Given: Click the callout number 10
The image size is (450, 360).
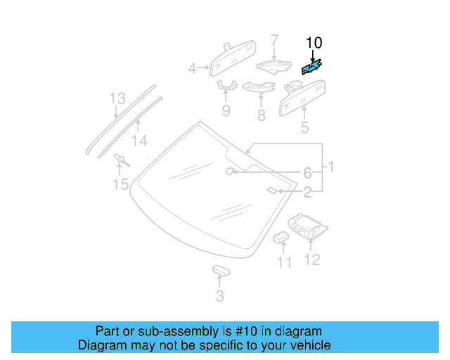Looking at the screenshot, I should [313, 44].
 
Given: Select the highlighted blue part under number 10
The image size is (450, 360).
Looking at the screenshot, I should [311, 67].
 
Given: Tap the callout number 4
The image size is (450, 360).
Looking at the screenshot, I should [192, 69].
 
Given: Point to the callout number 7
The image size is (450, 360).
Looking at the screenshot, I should [275, 40].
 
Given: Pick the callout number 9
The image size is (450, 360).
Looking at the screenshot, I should [226, 110].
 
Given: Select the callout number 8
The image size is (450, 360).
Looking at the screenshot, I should [262, 115].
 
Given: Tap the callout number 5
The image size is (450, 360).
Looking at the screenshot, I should [304, 127].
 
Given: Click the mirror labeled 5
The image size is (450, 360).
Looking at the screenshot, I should [303, 97].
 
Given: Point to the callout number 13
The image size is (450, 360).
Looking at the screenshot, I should [117, 99].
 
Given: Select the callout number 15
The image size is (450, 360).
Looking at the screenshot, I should [121, 184].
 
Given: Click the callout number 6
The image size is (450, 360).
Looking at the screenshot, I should [307, 173].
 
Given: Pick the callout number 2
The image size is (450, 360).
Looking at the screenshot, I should [307, 191].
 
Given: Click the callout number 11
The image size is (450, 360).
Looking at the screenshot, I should [283, 262].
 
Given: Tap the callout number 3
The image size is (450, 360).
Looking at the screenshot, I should [220, 296].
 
